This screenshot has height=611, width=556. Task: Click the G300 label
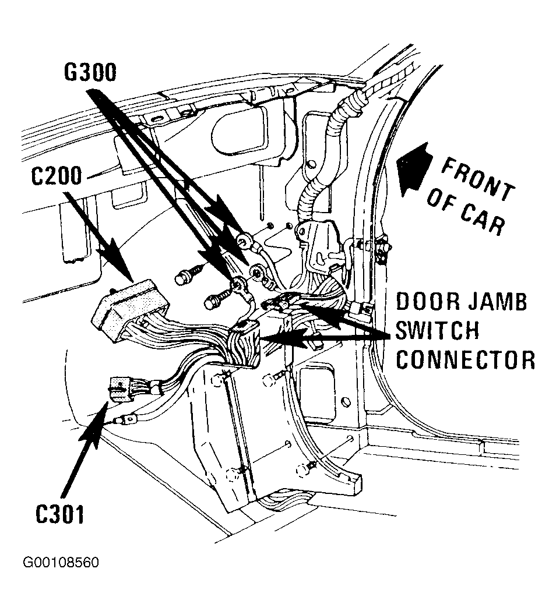point(90,73)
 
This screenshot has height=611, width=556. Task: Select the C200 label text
point(56,176)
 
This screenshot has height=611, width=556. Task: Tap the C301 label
point(59,514)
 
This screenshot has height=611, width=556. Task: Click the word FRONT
point(478,180)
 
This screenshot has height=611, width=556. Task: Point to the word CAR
point(483,218)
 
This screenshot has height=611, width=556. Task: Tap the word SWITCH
point(437,331)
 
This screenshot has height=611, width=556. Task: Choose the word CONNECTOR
point(466,359)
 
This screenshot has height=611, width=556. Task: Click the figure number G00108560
point(61,563)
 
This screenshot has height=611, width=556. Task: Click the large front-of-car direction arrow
point(415,169)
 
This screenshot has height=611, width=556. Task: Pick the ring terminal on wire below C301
point(126,420)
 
